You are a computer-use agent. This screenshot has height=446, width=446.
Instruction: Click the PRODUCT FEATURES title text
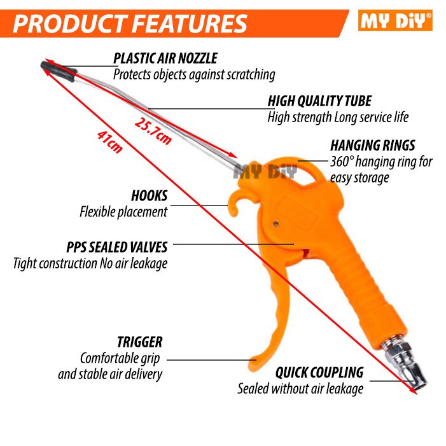130,24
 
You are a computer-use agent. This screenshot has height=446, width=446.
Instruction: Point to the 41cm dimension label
109,141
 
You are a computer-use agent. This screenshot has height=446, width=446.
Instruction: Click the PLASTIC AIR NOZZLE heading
165,59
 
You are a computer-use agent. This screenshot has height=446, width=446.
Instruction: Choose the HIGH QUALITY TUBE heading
319,101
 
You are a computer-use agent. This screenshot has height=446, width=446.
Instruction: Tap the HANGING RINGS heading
373,145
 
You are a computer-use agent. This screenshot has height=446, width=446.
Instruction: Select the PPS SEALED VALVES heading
117,247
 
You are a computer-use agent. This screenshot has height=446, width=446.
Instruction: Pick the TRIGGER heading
139,342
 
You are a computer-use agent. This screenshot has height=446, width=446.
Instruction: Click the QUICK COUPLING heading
319,372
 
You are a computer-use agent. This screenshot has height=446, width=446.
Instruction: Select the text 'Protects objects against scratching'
194,74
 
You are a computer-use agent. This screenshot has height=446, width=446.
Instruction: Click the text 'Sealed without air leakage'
300,388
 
